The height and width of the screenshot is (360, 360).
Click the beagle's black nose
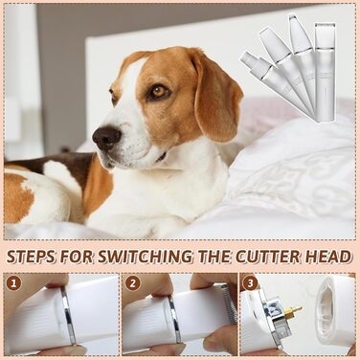[107, 138]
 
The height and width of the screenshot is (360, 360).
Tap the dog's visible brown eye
[159, 92]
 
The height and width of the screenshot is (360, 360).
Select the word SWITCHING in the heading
[146, 257]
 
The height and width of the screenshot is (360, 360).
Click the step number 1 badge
[13, 282]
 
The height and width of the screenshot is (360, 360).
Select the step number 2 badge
[132, 282]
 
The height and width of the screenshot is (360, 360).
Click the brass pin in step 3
[293, 311]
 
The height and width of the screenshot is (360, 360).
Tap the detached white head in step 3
[334, 310]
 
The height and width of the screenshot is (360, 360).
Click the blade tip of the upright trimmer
[325, 24]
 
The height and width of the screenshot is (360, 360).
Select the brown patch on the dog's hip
[17, 198]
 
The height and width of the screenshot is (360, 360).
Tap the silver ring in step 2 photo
[175, 319]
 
